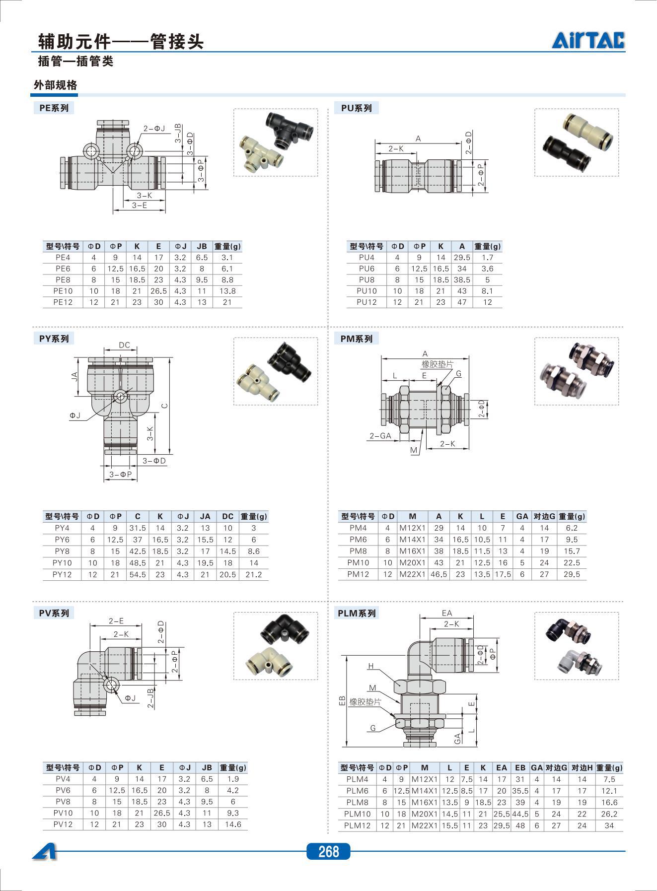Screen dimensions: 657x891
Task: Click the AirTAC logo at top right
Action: pyautogui.click(x=588, y=40)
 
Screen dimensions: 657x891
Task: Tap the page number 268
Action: pyautogui.click(x=328, y=851)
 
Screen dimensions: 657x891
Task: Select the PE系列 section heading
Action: pyautogui.click(x=54, y=108)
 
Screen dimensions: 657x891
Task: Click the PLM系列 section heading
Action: pyautogui.click(x=357, y=613)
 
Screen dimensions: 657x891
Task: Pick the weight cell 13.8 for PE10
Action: pyautogui.click(x=227, y=291)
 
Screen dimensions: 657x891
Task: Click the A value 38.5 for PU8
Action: pyautogui.click(x=462, y=280)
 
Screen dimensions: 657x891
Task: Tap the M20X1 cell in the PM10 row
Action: pyautogui.click(x=412, y=563)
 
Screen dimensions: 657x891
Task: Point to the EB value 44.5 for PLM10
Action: pyautogui.click(x=520, y=814)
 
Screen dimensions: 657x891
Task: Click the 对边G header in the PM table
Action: pyautogui.click(x=544, y=516)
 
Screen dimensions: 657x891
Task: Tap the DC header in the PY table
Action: pyautogui.click(x=227, y=516)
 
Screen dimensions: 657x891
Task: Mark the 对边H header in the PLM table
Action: pyautogui.click(x=582, y=767)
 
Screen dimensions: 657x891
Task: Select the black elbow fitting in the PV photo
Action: pyautogui.click(x=284, y=629)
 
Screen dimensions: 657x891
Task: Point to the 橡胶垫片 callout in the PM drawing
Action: pyautogui.click(x=437, y=364)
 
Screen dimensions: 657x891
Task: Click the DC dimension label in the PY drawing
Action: pyautogui.click(x=124, y=345)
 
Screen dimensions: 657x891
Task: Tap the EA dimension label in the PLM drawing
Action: pyautogui.click(x=447, y=613)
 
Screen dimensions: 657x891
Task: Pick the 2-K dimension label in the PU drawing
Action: pyautogui.click(x=396, y=148)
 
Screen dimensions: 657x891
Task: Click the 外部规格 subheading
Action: pyautogui.click(x=55, y=85)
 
